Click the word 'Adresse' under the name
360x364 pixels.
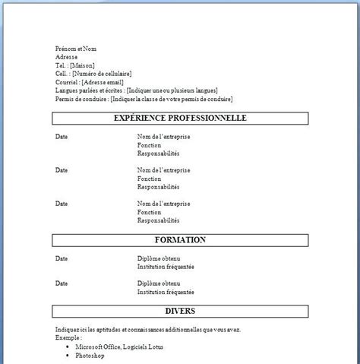66,56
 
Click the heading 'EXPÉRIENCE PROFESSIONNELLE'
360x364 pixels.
180,119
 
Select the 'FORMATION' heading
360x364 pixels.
180,240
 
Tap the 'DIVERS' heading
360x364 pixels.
180,311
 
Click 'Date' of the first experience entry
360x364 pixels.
62,136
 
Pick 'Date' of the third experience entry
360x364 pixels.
62,204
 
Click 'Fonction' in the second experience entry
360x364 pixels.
150,179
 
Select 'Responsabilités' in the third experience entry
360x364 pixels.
158,220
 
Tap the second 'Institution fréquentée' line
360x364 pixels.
166,291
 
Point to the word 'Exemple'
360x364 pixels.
68,337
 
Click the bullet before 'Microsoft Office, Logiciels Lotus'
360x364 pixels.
68,346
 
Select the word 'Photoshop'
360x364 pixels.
90,354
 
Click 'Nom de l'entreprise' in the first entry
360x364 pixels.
163,136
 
